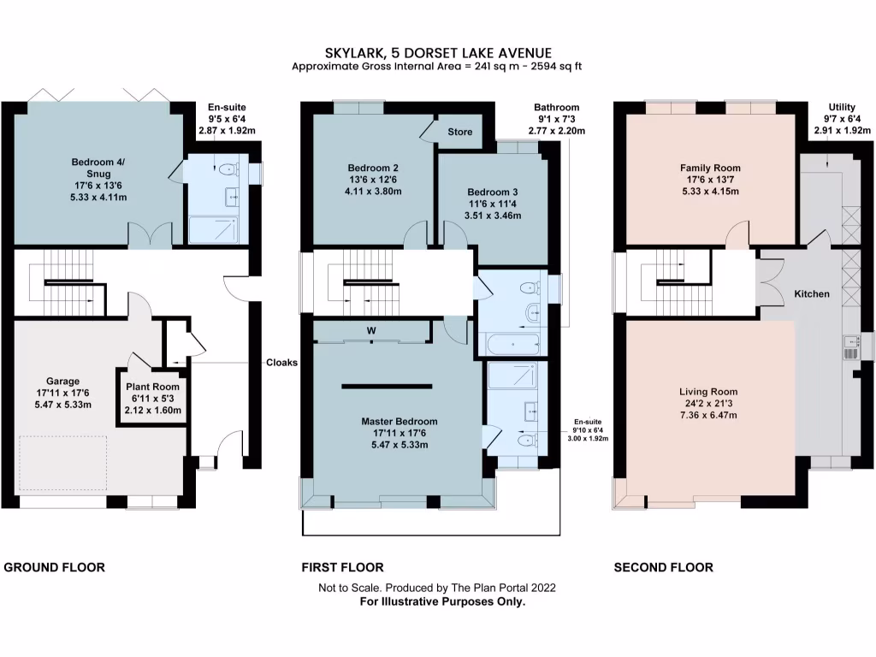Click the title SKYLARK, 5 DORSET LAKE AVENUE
pos(437,53)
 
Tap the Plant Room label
pos(152,387)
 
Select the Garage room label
pos(63,382)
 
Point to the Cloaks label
pos(281,363)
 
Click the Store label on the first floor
pos(459,133)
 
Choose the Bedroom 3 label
pos(492,192)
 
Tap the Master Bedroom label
pos(399,422)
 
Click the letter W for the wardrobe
pos(371,331)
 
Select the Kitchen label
pos(812,294)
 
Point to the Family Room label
pos(710,169)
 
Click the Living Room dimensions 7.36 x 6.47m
pos(708,415)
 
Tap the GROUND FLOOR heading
pos(55,567)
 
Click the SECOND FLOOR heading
pos(663,567)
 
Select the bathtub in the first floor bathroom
pos(512,344)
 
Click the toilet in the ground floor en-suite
pos(229,170)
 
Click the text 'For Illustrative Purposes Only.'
pos(442,601)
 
